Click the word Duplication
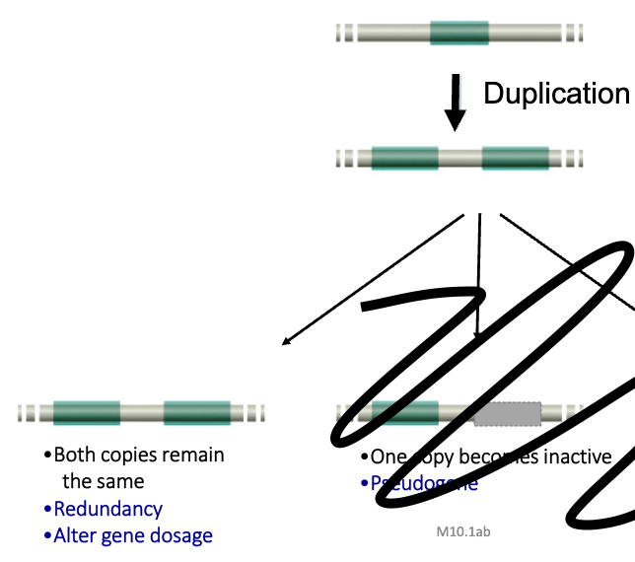pos(556,94)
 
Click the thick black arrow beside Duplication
pos(455,103)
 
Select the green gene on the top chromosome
pos(459,33)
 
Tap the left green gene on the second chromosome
pos(404,158)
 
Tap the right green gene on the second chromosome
pos(515,158)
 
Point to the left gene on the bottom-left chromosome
pos(87,413)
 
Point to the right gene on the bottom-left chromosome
pos(197,413)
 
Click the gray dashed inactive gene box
pos(507,414)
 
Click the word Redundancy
pos(108,509)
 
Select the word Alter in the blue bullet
pos(75,535)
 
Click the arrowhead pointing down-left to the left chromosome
pos(286,341)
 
